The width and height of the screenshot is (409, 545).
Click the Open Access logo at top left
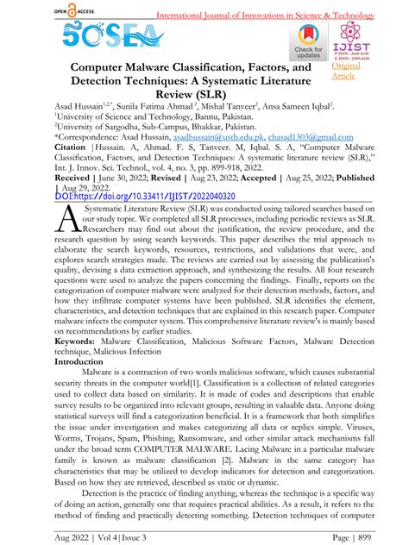(x=53, y=11)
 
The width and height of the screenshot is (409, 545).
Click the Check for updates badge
(x=305, y=40)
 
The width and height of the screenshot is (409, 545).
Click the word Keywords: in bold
(x=85, y=365)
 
